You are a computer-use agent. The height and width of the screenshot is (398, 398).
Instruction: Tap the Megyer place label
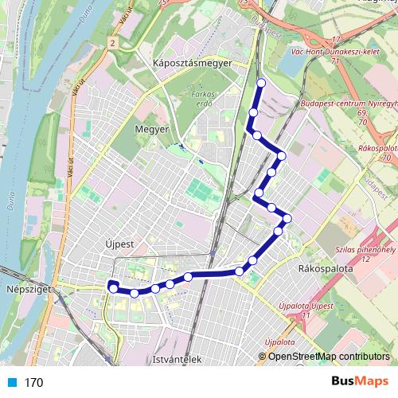[152, 128]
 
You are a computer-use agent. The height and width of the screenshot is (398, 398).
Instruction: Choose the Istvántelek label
[178, 360]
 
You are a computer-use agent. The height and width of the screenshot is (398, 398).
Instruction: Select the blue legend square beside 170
[11, 382]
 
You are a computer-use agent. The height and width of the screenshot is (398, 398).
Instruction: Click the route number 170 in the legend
[33, 383]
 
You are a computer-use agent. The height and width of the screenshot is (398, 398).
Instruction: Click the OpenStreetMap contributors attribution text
[328, 356]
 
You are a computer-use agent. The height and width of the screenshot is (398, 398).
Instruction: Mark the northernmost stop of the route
[262, 82]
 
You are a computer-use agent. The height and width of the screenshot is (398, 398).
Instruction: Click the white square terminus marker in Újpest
[113, 286]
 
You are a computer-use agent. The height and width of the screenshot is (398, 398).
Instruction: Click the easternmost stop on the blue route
[287, 218]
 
